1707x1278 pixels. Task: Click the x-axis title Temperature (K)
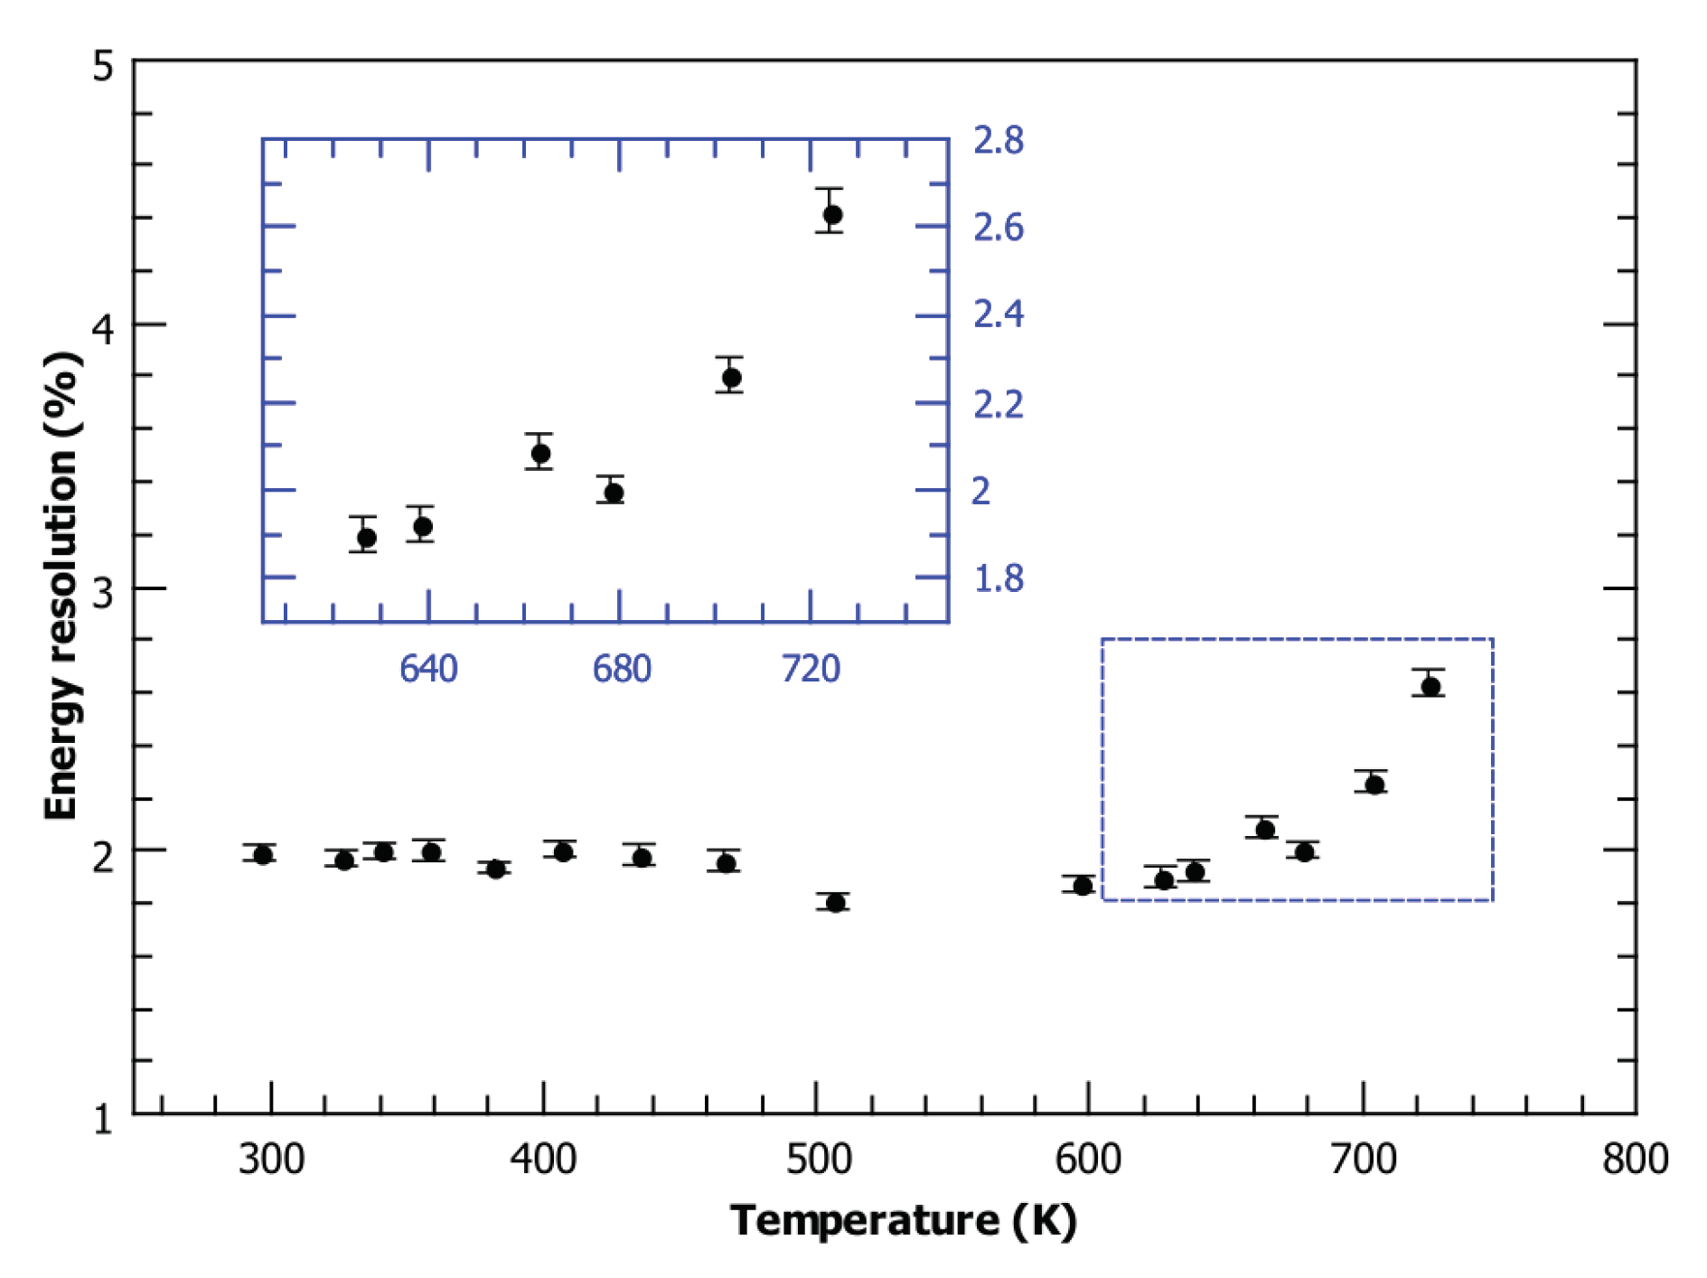click(x=903, y=1220)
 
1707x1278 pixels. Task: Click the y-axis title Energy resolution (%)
click(x=61, y=586)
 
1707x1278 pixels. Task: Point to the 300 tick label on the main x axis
click(x=271, y=1159)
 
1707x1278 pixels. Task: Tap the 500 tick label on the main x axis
click(x=818, y=1159)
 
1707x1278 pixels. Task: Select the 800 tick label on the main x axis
click(x=1635, y=1159)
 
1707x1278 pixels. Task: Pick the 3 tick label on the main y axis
click(x=104, y=593)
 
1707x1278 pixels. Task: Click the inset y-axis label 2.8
click(x=998, y=141)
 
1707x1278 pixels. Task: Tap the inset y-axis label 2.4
click(x=998, y=315)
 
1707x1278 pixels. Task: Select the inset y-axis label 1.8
click(x=998, y=578)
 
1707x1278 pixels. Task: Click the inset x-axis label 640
click(x=428, y=669)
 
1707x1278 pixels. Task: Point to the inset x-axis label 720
click(x=811, y=669)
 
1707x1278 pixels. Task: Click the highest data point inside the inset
click(x=832, y=215)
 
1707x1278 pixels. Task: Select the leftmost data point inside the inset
click(x=366, y=539)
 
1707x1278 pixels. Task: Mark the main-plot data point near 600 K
click(x=1083, y=886)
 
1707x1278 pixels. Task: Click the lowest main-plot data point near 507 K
click(x=836, y=903)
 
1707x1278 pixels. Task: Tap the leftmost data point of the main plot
click(x=263, y=855)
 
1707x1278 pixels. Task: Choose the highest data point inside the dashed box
click(x=1430, y=687)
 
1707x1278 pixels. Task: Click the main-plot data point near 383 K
click(x=495, y=869)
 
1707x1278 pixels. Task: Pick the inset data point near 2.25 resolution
click(x=731, y=378)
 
